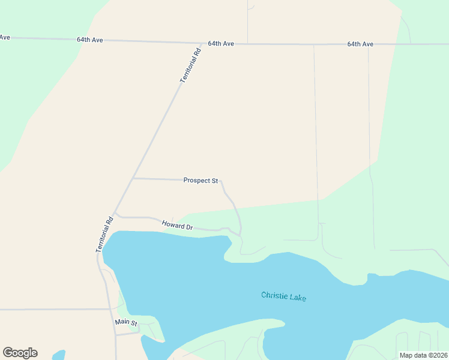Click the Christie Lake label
(283, 296)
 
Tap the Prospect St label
(200, 180)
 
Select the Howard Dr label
(177, 226)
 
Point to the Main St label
(126, 323)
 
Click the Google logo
(20, 353)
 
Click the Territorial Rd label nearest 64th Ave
(190, 65)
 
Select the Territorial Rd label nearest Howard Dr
(105, 234)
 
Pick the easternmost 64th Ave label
(360, 44)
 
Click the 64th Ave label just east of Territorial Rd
(221, 44)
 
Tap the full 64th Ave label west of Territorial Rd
(90, 40)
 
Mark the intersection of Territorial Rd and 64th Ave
(202, 43)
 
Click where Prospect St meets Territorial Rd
(133, 178)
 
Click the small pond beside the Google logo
(58, 355)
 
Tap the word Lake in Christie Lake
(298, 297)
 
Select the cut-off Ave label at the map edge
(5, 37)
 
